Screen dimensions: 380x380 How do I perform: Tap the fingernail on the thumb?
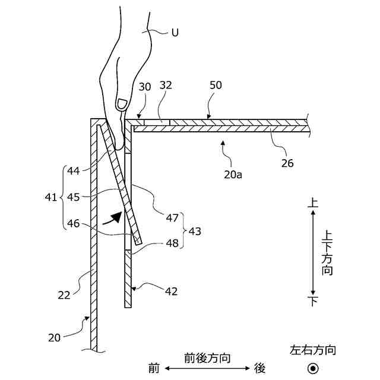[122, 103]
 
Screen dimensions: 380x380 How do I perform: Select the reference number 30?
[145, 87]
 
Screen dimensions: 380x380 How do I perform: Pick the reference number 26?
[287, 162]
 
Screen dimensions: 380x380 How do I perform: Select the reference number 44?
[74, 172]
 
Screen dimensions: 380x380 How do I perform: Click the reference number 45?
[74, 197]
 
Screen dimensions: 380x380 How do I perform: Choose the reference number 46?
[74, 223]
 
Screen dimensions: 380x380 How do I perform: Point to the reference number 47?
[172, 218]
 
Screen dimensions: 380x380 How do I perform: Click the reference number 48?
[172, 243]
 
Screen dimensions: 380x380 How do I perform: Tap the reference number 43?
[194, 231]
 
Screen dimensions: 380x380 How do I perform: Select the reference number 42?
[170, 292]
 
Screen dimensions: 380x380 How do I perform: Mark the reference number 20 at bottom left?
[55, 337]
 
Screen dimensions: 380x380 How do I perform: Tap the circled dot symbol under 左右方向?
[312, 368]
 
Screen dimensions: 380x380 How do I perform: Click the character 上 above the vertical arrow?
[313, 203]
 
